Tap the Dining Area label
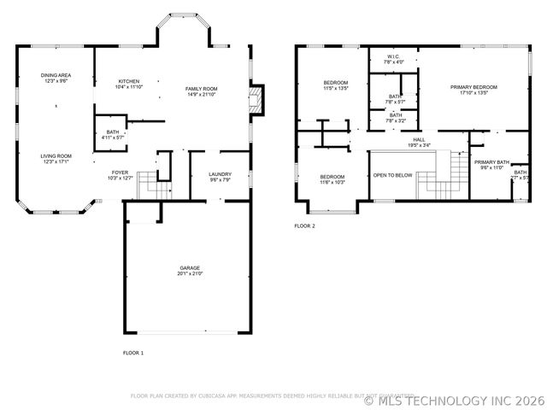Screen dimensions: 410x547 pos(56,76)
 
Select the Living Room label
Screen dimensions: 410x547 pos(56,155)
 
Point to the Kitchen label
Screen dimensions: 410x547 pos(128,82)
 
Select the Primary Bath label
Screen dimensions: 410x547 pos(491,162)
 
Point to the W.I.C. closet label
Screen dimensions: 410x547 pos(394,57)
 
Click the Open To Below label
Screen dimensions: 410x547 pos(392,175)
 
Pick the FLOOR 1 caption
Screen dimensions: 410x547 pos(133,353)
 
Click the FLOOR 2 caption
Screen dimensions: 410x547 pos(304,226)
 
